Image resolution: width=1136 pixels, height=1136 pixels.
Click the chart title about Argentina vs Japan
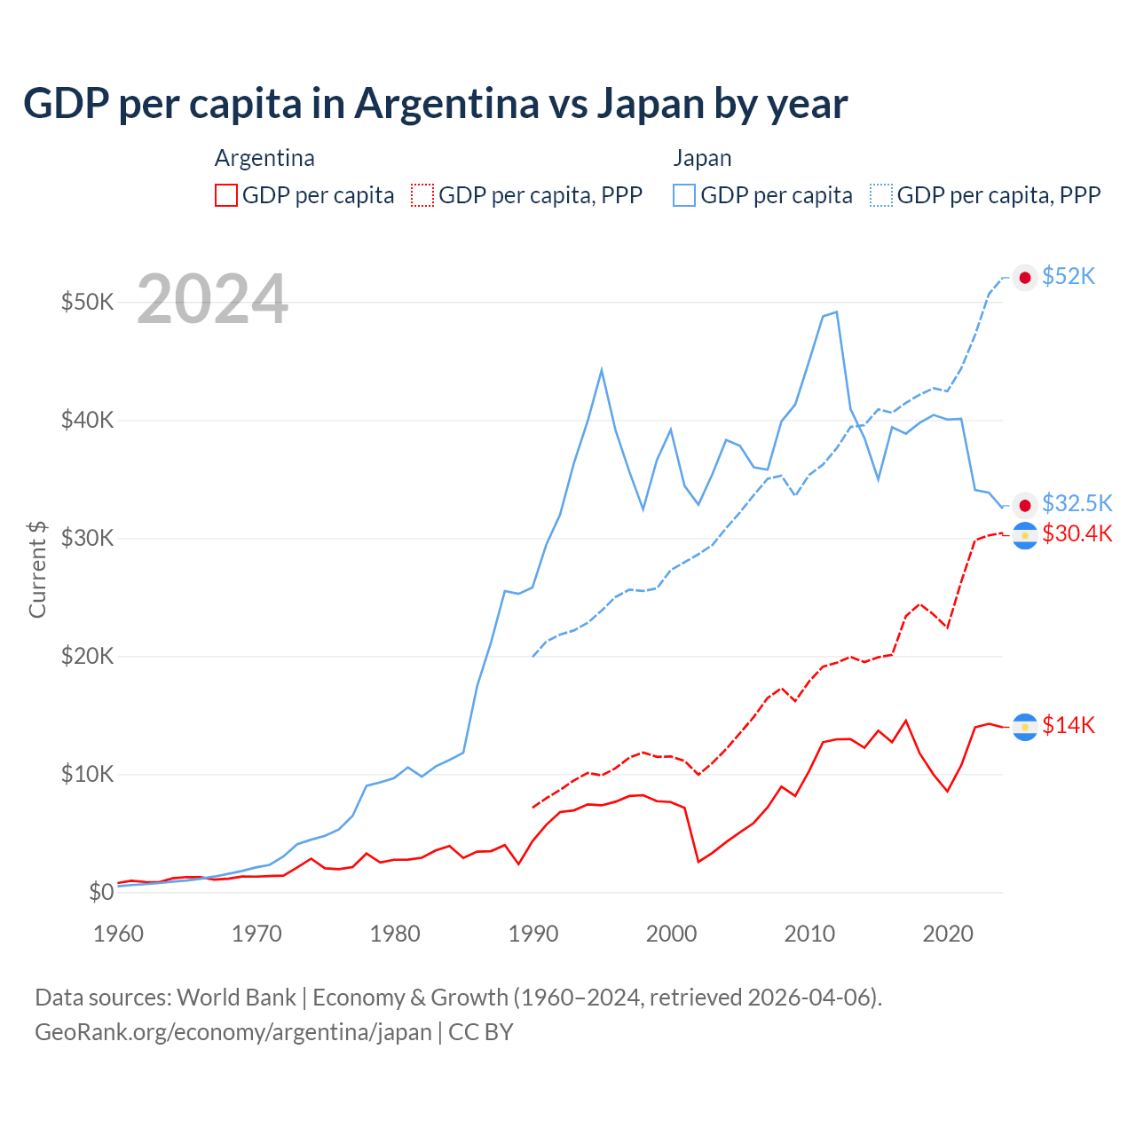tap(435, 104)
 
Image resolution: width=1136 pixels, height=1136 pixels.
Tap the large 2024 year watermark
tap(213, 299)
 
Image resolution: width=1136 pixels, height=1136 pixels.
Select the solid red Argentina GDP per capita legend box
tap(226, 195)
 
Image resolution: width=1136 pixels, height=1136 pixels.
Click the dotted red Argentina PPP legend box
tap(423, 195)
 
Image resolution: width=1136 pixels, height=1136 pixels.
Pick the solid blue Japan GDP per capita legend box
tap(684, 195)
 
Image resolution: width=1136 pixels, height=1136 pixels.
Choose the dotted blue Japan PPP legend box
tap(881, 195)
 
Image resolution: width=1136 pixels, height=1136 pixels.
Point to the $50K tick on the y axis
tap(87, 302)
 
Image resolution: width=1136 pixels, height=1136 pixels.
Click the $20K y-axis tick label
tap(87, 656)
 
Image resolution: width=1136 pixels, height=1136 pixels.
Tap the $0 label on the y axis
tap(101, 892)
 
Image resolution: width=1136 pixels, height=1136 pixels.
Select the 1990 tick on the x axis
tap(532, 934)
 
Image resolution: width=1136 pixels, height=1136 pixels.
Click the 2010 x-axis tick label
tap(809, 934)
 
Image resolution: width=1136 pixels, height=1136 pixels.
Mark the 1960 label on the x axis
tap(118, 934)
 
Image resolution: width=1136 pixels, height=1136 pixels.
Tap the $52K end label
tap(1069, 277)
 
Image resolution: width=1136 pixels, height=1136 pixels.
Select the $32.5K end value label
tap(1077, 504)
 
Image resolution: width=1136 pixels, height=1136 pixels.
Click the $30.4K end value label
tap(1077, 534)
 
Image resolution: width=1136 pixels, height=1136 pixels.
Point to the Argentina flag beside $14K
tap(1025, 727)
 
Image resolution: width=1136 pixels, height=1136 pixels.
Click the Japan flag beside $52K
tap(1025, 278)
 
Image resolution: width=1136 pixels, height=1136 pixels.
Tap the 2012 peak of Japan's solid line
tap(837, 312)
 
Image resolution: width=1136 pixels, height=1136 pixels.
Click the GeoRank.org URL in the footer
tap(233, 1032)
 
